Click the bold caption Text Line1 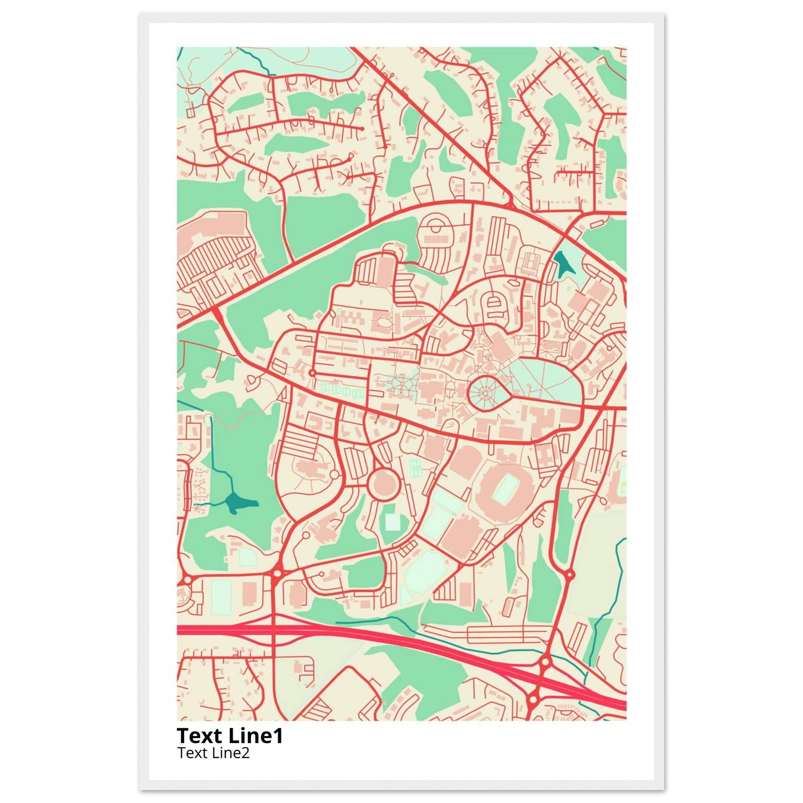pos(230,735)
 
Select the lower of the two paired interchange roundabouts pos(532,700)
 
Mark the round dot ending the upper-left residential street pos(362,129)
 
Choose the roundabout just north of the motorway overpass pos(276,574)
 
